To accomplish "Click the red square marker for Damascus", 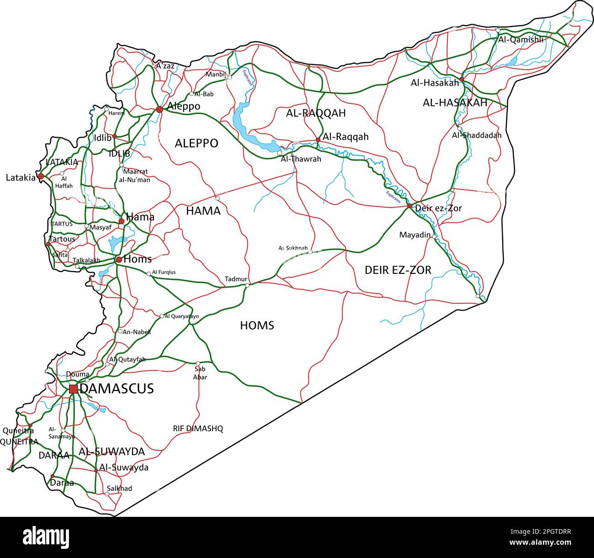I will coord(73,389).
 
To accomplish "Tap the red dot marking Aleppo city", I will coord(159,109).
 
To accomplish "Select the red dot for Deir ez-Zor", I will coord(410,206).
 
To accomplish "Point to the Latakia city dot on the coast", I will coord(41,176).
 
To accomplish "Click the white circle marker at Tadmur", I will coord(247,285).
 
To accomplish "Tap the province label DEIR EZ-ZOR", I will coord(398,270).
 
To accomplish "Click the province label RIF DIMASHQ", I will coord(198,429).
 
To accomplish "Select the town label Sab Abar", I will coord(200,373).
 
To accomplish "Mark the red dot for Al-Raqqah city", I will coord(318,140).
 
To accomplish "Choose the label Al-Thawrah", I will coord(301,159).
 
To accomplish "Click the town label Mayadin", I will coord(414,235).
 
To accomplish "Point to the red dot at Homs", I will coord(119,260).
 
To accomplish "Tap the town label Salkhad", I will coord(119,488).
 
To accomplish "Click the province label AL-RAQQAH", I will coord(316,113).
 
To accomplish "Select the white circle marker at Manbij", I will coord(229,77).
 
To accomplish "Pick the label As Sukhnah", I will coord(293,248).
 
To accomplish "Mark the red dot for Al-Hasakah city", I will coord(461,79).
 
